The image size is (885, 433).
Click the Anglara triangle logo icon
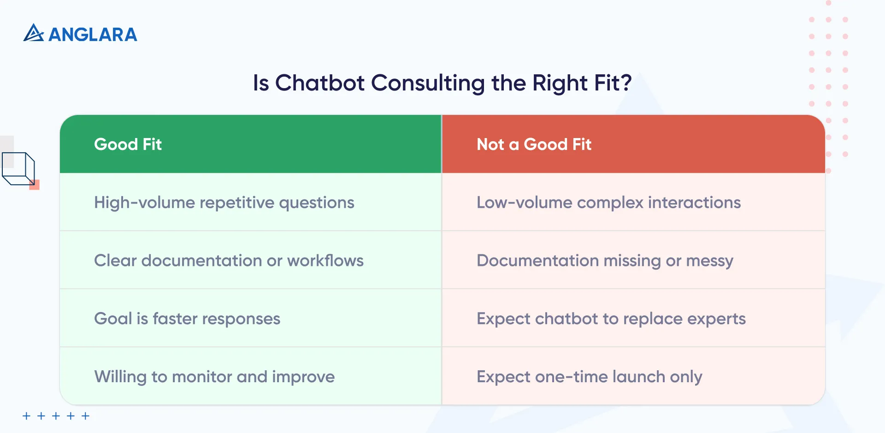coord(33,33)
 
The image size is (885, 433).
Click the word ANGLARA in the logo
coord(93,35)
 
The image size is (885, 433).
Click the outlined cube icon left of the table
coord(18,168)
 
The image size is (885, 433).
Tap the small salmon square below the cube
coord(35,185)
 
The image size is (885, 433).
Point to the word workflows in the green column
coord(325,261)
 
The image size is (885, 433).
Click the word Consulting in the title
coord(428,83)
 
